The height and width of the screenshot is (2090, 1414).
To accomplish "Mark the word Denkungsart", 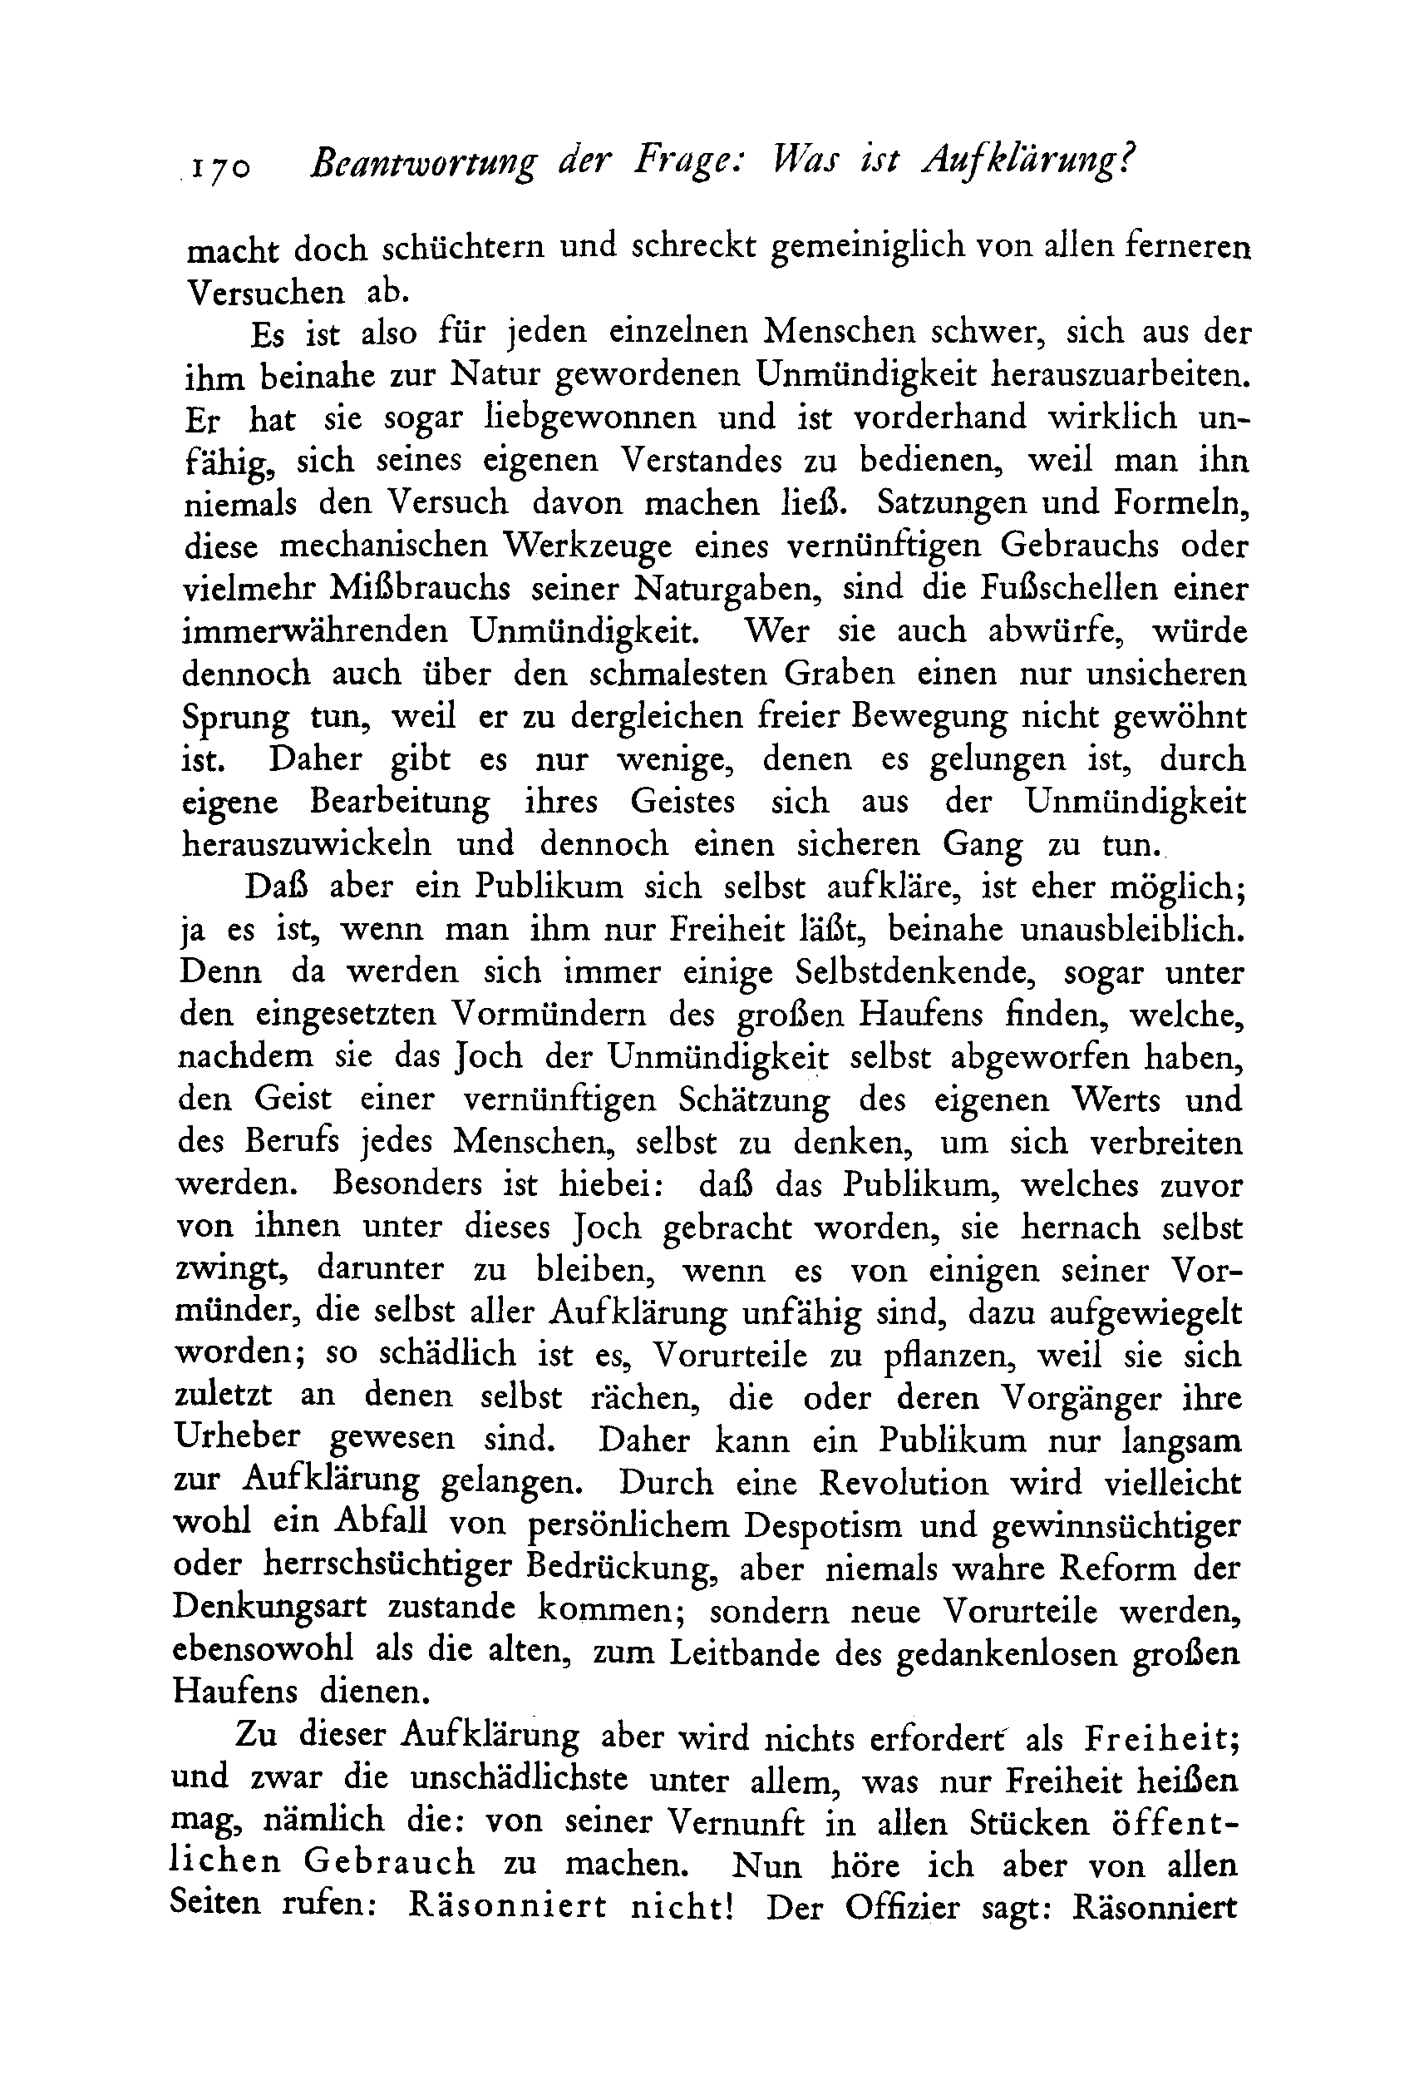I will pos(269,1610).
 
